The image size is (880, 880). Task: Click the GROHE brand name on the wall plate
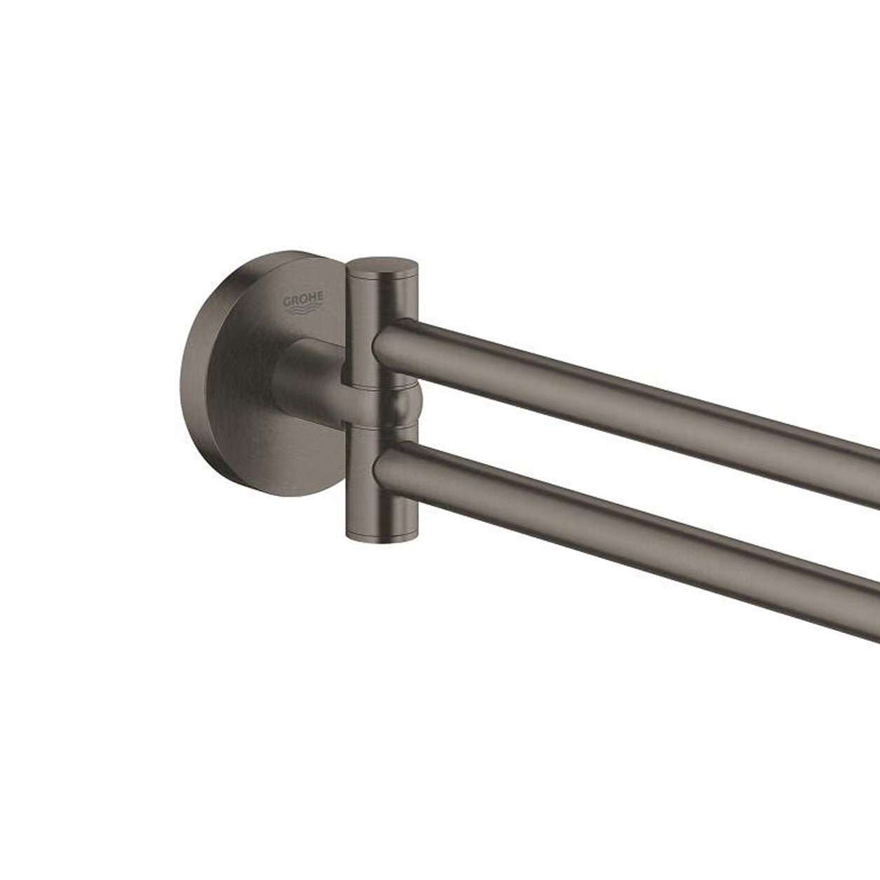coord(304,300)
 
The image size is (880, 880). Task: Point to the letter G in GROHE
coord(288,302)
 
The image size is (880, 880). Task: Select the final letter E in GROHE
coord(320,298)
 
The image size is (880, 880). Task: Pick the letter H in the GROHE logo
coord(312,298)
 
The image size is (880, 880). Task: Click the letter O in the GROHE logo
coord(304,300)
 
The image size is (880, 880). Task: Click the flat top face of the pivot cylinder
coord(382,267)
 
